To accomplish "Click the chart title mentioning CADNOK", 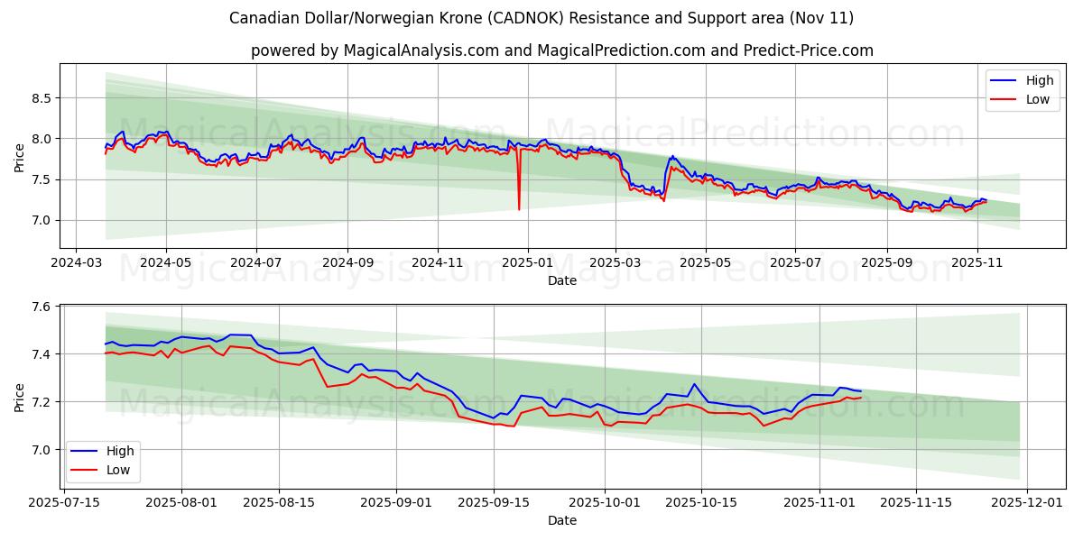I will tap(541, 18).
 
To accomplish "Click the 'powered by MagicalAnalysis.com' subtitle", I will tap(561, 50).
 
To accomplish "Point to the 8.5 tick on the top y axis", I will tap(41, 97).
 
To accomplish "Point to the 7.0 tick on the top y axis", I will tap(41, 220).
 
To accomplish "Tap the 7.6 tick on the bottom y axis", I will tap(41, 307).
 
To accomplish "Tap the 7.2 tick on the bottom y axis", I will tap(41, 402).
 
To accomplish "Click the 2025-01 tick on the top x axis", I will tap(526, 262).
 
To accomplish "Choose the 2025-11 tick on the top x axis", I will tap(977, 262).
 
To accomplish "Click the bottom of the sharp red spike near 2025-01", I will tap(519, 209).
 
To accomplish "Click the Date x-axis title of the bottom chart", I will tap(561, 520).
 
